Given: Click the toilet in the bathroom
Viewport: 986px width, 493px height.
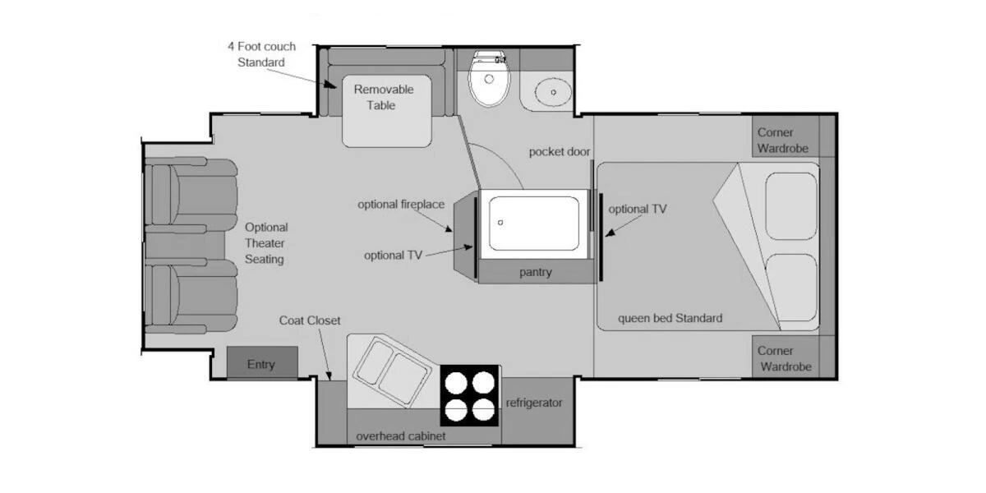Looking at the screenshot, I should [490, 79].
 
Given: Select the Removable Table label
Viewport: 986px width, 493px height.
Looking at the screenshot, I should [383, 97].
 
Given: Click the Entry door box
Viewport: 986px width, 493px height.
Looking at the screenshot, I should [261, 364].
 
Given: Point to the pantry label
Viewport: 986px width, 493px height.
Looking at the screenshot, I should [535, 272].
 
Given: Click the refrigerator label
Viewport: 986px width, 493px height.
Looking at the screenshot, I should [534, 403].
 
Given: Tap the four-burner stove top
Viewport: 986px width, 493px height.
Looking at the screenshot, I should [470, 394].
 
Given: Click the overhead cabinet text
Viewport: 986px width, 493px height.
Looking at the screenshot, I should [400, 436].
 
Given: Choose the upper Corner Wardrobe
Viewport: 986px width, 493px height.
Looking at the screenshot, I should [786, 141].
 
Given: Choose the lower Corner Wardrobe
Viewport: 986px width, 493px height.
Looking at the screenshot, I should [786, 358].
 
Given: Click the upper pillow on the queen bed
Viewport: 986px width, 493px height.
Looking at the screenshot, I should [790, 205].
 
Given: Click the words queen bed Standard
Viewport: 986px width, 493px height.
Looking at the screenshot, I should [670, 318].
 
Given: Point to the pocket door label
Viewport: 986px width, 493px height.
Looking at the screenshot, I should [560, 152].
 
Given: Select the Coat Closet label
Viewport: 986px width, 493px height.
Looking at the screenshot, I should [309, 320].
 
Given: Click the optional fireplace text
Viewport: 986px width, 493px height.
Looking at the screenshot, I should [400, 204].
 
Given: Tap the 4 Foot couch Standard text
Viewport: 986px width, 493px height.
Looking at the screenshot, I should [261, 54].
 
